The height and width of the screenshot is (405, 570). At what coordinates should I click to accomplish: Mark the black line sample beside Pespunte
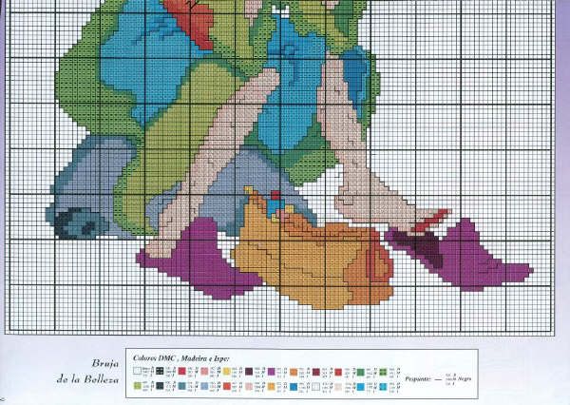436,378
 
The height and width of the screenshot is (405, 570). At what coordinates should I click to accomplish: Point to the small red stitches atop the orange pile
275,197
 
